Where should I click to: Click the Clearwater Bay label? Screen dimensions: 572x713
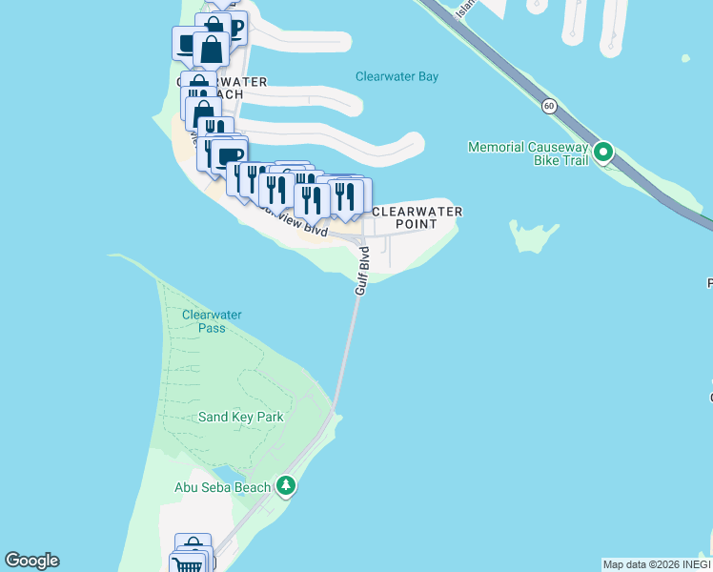click(397, 76)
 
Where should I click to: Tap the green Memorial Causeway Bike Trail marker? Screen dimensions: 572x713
click(602, 152)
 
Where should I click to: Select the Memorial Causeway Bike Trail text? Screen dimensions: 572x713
click(528, 147)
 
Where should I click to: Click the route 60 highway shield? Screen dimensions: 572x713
click(549, 106)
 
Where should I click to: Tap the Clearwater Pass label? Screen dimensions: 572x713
click(212, 321)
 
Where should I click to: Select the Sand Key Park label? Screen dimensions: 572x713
click(240, 417)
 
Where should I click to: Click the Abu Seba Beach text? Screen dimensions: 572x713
click(221, 486)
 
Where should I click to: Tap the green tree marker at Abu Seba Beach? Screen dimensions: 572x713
click(285, 486)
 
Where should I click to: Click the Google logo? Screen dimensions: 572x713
click(31, 561)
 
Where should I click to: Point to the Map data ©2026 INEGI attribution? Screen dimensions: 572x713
click(657, 564)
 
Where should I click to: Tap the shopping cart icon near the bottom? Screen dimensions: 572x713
click(191, 565)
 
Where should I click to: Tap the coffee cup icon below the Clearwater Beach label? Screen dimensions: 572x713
click(228, 155)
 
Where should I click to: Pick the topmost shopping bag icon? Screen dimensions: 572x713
click(212, 27)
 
